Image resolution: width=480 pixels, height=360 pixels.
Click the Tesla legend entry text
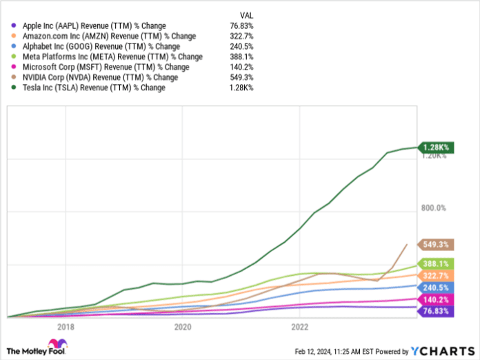[103, 88]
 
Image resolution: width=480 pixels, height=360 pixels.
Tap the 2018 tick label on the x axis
[66, 326]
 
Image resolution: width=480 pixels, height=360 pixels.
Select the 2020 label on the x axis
[183, 326]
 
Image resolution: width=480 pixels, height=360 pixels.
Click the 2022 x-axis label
[300, 326]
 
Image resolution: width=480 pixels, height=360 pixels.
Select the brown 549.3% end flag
[437, 244]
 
